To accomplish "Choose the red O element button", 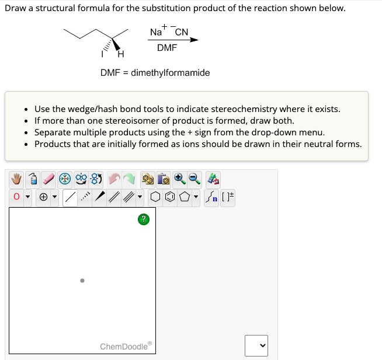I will pos(16,198).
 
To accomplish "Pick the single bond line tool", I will pos(70,198).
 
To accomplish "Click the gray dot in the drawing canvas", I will pos(82,281).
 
